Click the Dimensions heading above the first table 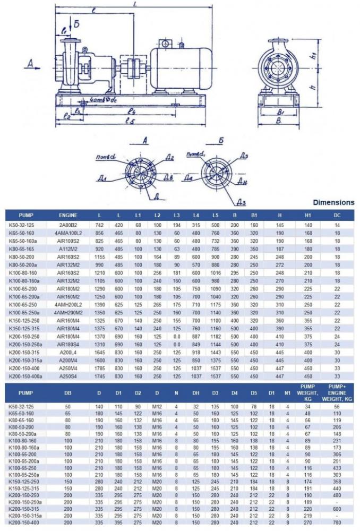click(x=333, y=202)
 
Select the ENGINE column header click(x=68, y=215)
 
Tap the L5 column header click(x=215, y=215)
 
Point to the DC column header click(x=337, y=215)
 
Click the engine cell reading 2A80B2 click(x=68, y=225)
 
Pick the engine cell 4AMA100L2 click(x=68, y=233)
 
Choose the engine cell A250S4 click(x=68, y=376)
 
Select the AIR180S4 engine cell click(x=68, y=344)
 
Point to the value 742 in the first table click(x=99, y=225)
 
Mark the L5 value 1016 click(x=215, y=272)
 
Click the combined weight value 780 click(x=337, y=522)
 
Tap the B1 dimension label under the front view click(x=283, y=113)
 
